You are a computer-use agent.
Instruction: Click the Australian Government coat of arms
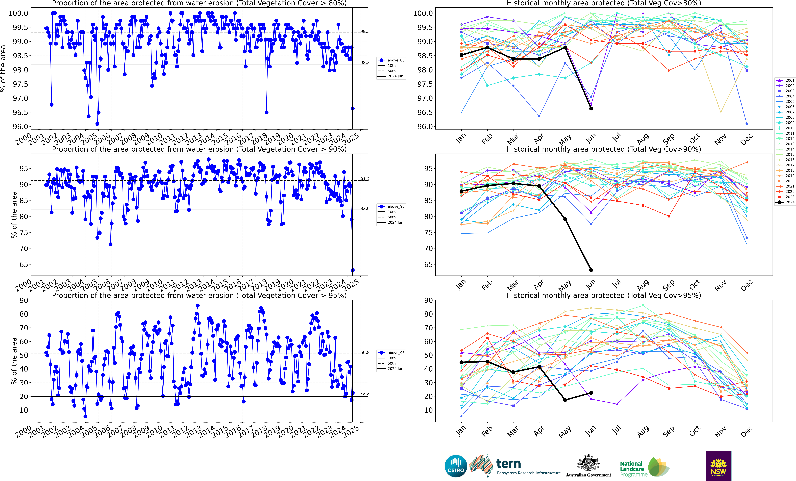[588, 463]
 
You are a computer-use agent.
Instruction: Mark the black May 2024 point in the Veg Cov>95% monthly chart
[565, 400]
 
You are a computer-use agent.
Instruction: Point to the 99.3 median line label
[365, 31]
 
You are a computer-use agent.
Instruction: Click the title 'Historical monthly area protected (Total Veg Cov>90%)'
[604, 149]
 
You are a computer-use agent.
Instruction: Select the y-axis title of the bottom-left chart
[14, 361]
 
